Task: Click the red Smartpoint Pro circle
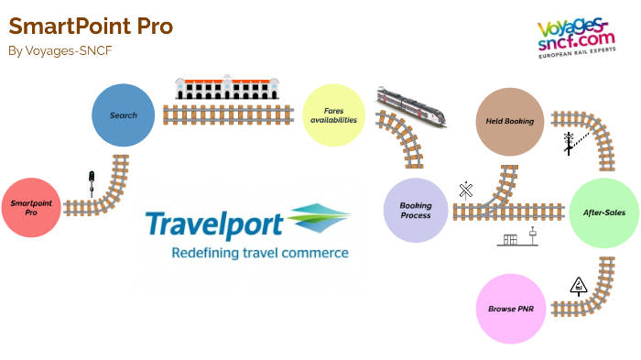click(x=32, y=209)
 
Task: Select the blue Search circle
click(x=123, y=115)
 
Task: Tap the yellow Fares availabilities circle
click(x=333, y=115)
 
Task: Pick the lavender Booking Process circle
click(x=415, y=210)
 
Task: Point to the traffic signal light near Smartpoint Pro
click(x=92, y=184)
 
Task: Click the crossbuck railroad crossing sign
click(x=465, y=190)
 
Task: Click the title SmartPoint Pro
click(x=91, y=26)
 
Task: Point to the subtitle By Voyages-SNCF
click(x=60, y=51)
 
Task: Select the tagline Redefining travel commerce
click(x=248, y=252)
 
